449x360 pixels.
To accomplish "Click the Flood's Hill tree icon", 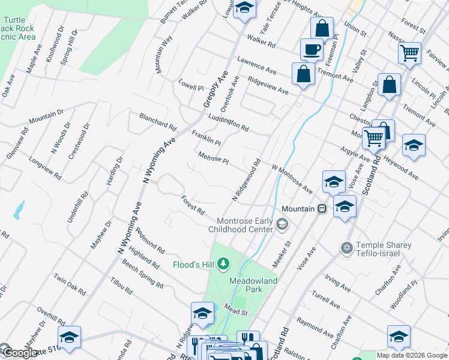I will point(223,263).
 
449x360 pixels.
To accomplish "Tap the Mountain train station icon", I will point(322,209).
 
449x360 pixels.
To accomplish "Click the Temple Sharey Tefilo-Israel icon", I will point(346,248).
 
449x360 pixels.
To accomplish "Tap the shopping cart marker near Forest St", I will point(409,53).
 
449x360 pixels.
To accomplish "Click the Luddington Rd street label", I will point(229,123).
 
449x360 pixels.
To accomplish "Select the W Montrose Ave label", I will point(292,180).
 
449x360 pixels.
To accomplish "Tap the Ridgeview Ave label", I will point(268,86).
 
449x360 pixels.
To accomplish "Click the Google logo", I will point(18,353).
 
